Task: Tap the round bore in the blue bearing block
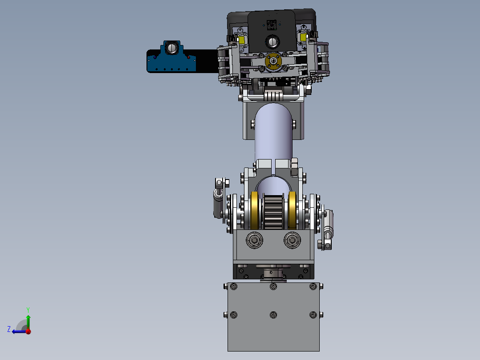(172, 48)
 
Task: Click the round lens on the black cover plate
(272, 42)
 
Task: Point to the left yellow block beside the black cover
(241, 40)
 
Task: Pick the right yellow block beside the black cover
(303, 37)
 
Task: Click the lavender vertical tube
(273, 135)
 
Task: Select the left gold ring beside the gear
(254, 210)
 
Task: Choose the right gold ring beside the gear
(293, 210)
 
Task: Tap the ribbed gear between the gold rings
(273, 213)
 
